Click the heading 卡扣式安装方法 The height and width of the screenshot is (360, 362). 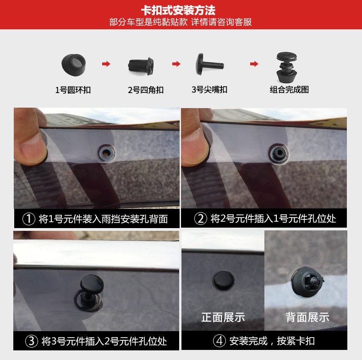tap(181, 10)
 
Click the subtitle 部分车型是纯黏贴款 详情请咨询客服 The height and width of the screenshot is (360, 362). tap(181, 22)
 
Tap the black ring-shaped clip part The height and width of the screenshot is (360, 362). tap(73, 64)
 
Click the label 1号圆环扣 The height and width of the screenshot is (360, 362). tap(73, 90)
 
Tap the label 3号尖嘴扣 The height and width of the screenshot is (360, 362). tap(209, 89)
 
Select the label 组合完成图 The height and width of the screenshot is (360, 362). tap(289, 90)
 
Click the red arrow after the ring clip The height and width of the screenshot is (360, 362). tap(106, 64)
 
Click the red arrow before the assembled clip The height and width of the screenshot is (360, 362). tap(254, 64)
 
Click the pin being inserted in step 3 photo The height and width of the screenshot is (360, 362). tap(87, 288)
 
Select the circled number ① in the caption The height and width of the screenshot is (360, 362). tap(29, 219)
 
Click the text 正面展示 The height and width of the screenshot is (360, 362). tap(223, 317)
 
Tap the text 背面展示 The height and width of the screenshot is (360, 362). tap(307, 317)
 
